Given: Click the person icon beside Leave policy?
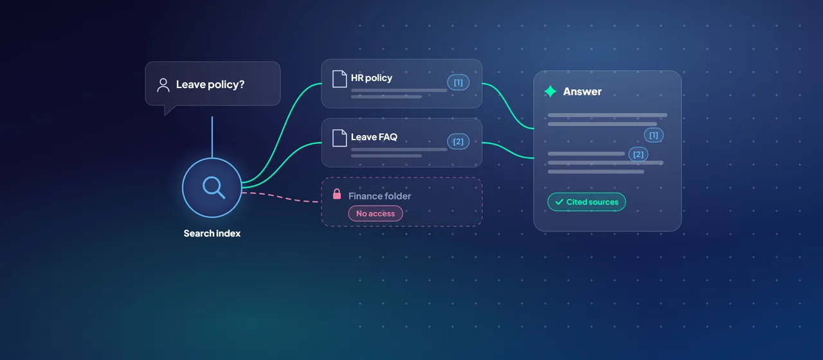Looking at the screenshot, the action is click(163, 85).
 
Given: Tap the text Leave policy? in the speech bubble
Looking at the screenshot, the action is click(210, 84).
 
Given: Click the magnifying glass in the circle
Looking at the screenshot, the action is click(213, 187).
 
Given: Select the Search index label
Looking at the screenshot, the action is click(212, 233).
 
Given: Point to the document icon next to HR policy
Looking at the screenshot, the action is click(339, 78).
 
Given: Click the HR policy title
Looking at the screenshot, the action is click(372, 78).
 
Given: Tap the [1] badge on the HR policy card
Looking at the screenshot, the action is click(458, 82).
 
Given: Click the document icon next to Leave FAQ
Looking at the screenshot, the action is click(339, 138).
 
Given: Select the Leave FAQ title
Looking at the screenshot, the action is click(374, 137).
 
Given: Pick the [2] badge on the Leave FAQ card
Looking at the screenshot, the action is click(458, 141).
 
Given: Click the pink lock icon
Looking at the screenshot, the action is click(336, 194).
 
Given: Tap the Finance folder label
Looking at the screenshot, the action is click(379, 196).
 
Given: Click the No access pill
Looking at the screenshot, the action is click(375, 213).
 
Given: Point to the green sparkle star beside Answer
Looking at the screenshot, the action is click(550, 91).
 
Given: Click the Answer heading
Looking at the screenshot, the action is click(583, 91).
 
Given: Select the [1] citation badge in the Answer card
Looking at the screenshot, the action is click(654, 135).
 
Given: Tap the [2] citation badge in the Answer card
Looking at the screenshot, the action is click(638, 154).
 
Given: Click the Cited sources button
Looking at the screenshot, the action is click(586, 202).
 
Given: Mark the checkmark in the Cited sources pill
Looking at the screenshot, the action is click(559, 202).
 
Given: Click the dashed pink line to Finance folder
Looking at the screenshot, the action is click(280, 197).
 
